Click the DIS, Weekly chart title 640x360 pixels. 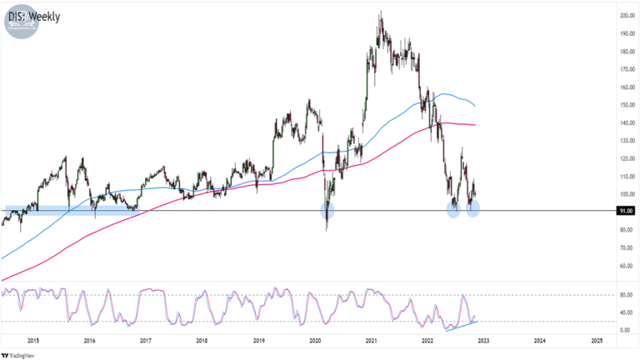(x=34, y=17)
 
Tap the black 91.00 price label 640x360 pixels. (x=626, y=211)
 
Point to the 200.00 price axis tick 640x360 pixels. (x=627, y=16)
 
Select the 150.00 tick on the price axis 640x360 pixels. (x=627, y=105)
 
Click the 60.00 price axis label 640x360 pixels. (x=627, y=266)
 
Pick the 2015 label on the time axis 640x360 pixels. (x=33, y=340)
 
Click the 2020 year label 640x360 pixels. (x=315, y=340)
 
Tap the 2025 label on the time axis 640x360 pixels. (x=597, y=340)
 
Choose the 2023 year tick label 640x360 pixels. (x=483, y=340)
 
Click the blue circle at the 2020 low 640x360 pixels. (x=327, y=211)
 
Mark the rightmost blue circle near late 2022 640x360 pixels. (x=472, y=209)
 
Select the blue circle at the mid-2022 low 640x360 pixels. (x=453, y=210)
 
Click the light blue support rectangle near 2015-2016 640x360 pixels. (x=72, y=210)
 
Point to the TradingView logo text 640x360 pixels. (x=18, y=356)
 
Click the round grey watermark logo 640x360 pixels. (x=22, y=22)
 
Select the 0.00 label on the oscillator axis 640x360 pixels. (x=625, y=330)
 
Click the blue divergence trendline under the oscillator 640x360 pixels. (x=462, y=326)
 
